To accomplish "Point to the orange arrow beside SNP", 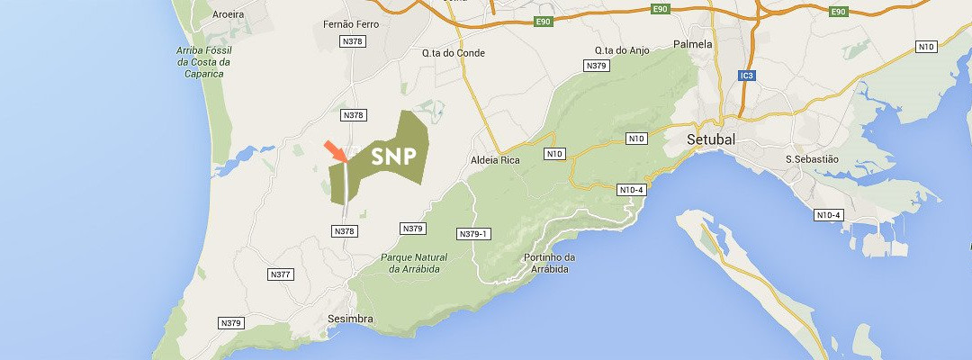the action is (x=334, y=150).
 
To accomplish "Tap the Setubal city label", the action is (x=710, y=140).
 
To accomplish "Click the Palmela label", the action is (x=693, y=44).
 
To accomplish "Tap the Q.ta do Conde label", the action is (x=454, y=53).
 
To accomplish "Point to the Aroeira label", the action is (x=228, y=14).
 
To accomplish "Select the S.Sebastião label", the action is (x=811, y=159).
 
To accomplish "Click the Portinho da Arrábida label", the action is (x=549, y=263).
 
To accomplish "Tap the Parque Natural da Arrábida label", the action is (x=414, y=263).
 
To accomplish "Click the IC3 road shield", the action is (x=744, y=76).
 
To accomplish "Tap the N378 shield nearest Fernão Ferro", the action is (x=353, y=41).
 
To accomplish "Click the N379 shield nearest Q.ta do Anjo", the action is (x=596, y=66).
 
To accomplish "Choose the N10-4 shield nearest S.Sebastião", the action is (x=828, y=214).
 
